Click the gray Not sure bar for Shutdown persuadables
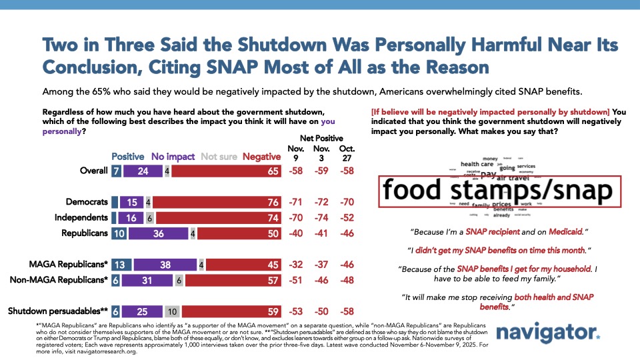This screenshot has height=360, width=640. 172,310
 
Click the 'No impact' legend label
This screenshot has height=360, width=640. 173,157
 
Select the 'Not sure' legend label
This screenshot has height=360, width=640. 219,157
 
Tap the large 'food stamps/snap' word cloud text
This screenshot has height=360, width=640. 499,191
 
